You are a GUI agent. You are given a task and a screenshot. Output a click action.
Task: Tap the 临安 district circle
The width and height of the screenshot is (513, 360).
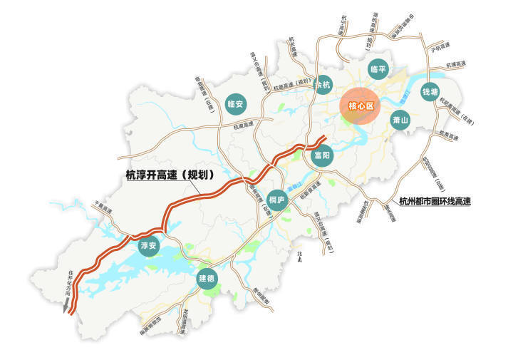235,104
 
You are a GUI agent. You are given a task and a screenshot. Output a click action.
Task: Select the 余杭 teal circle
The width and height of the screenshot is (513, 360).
324,83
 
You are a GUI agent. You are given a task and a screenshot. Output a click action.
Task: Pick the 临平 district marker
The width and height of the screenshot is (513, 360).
378,70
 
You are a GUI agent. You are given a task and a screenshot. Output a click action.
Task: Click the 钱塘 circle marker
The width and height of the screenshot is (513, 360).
430,92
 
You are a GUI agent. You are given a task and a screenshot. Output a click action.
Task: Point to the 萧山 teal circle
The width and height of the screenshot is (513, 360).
400,120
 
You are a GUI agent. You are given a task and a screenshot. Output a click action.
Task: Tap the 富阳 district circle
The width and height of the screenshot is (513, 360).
322,155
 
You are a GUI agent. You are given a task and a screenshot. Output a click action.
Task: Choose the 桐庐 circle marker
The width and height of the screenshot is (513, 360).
277,200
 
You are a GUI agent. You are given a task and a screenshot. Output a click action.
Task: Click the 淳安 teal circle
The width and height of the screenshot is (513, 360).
148,246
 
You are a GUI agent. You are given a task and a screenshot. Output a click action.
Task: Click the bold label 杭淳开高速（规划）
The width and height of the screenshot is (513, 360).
171,175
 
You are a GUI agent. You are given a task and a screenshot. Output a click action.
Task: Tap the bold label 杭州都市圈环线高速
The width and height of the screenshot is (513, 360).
435,202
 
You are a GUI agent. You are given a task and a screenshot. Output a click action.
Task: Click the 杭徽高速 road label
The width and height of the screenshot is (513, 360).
247,125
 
